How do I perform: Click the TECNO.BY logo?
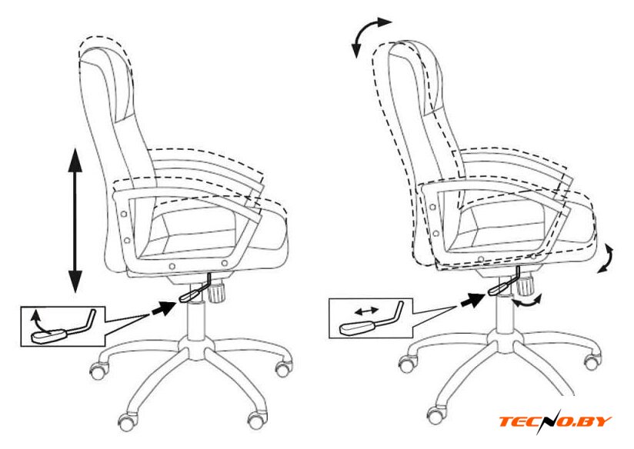(x=555, y=422)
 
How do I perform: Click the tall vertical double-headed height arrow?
(x=75, y=220)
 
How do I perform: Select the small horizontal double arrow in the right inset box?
(x=366, y=311)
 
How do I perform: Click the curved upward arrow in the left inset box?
(x=42, y=321)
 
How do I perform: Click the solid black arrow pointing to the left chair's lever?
(x=164, y=308)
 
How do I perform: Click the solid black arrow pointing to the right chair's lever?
(x=472, y=300)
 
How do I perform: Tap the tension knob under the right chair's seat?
(x=526, y=285)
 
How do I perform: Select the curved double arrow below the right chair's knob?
(x=527, y=301)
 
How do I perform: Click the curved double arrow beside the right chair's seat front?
(x=606, y=258)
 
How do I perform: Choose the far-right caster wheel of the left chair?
(x=283, y=368)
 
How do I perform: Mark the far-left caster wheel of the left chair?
(x=98, y=369)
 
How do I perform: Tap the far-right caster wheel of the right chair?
(x=592, y=360)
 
